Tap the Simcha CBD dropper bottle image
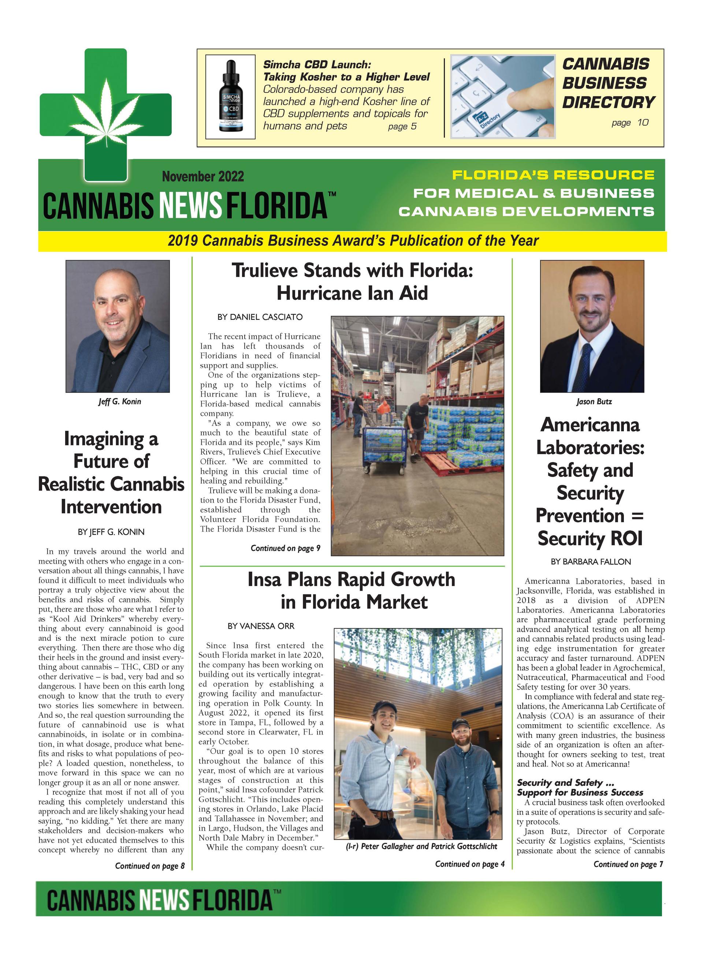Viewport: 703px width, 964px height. [231, 97]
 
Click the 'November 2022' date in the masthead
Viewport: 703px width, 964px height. [203, 176]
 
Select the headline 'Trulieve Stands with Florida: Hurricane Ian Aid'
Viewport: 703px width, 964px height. [352, 281]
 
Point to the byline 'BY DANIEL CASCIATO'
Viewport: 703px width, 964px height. [260, 317]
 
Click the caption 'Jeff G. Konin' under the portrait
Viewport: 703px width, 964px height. [120, 401]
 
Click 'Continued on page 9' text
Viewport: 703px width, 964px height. [285, 548]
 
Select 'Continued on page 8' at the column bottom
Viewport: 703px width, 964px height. [150, 866]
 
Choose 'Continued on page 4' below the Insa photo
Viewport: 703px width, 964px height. [469, 864]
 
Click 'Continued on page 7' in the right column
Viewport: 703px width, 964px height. [628, 864]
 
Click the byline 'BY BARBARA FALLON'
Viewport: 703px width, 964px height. [591, 561]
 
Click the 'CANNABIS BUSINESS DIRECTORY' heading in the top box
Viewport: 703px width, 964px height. [608, 83]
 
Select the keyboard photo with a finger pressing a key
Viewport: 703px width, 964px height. [503, 97]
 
